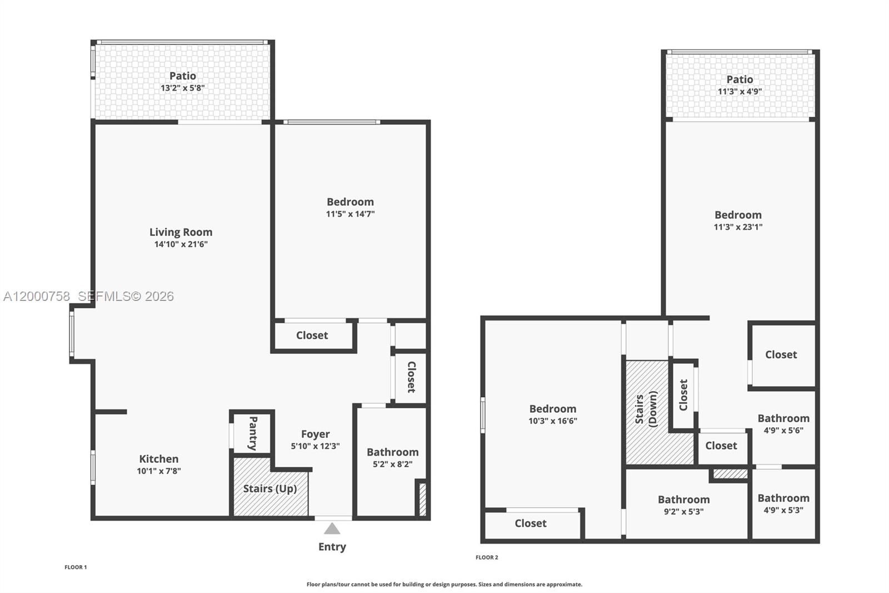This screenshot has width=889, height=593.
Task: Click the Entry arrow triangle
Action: point(332,529)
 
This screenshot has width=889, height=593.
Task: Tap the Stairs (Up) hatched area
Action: point(270,489)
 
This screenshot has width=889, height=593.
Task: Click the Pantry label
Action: point(253,433)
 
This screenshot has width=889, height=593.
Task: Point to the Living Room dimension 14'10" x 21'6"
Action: point(181,244)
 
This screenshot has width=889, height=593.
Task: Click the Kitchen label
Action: point(159,459)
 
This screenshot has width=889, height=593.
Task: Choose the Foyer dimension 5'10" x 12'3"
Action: point(315,446)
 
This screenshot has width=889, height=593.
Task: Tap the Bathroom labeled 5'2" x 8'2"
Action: point(392,452)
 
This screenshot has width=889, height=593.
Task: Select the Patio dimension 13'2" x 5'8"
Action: point(183,88)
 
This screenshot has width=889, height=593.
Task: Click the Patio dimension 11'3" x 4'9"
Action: point(740,92)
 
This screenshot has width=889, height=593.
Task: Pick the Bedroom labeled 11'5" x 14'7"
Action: point(350,202)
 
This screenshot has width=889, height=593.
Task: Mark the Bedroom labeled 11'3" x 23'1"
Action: point(738,215)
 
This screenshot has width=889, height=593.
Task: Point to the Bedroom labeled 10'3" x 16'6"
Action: point(552,409)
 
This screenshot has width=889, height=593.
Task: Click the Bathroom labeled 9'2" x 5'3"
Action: point(683,500)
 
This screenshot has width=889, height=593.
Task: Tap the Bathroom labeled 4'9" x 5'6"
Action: point(783,418)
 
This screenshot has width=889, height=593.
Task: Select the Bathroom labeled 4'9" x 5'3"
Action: point(783,498)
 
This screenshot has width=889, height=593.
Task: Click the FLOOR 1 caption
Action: point(76,567)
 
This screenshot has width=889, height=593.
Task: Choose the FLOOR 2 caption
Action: point(487,557)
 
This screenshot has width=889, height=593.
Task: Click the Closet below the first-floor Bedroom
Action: point(312,335)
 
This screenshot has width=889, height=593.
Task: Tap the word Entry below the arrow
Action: point(332,547)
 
